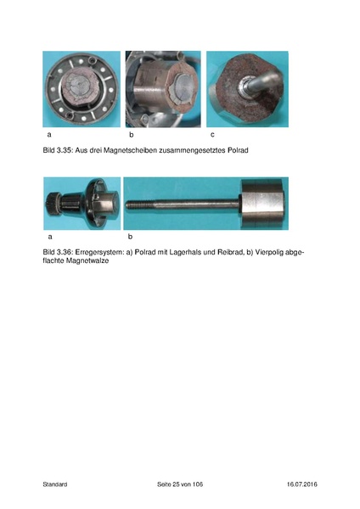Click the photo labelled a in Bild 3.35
pyautogui.click(x=82, y=88)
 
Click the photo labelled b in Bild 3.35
pyautogui.click(x=163, y=88)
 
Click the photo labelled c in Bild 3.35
pyautogui.click(x=247, y=88)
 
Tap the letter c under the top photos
pyautogui.click(x=210, y=135)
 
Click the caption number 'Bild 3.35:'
pyautogui.click(x=59, y=149)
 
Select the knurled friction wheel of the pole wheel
pyautogui.click(x=53, y=204)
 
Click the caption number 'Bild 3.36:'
pyautogui.click(x=59, y=253)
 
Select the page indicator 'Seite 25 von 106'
pyautogui.click(x=180, y=484)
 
